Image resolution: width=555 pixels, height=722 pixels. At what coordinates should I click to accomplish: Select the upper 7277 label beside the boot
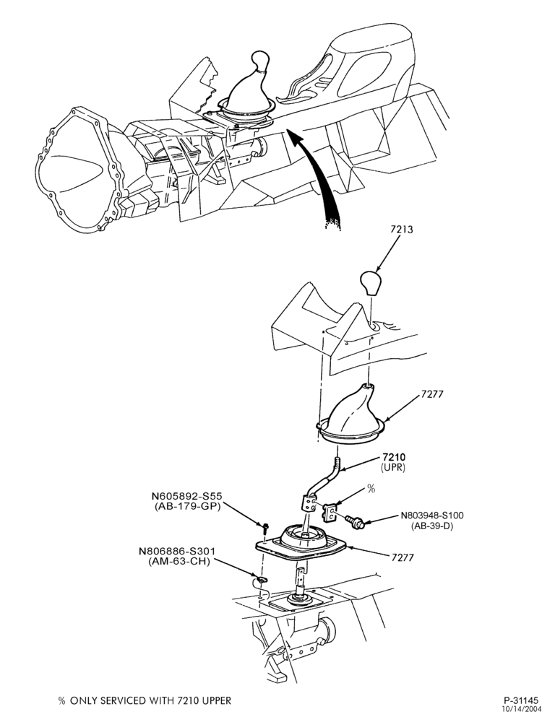tap(432, 395)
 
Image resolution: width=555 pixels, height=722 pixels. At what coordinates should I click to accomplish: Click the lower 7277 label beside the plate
tap(402, 557)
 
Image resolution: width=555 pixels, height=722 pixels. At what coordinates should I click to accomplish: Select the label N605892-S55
tap(187, 497)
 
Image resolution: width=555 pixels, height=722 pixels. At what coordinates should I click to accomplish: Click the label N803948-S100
tap(432, 516)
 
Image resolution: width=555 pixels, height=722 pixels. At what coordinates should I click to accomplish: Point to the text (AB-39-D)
tap(432, 526)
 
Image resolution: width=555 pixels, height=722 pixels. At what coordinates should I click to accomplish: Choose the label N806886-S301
tap(178, 551)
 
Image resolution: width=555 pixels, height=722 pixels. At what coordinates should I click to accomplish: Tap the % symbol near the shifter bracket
tap(371, 489)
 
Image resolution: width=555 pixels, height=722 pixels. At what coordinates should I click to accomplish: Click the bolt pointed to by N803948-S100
tap(355, 521)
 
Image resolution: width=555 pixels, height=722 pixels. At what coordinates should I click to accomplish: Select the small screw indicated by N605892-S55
tap(266, 526)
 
